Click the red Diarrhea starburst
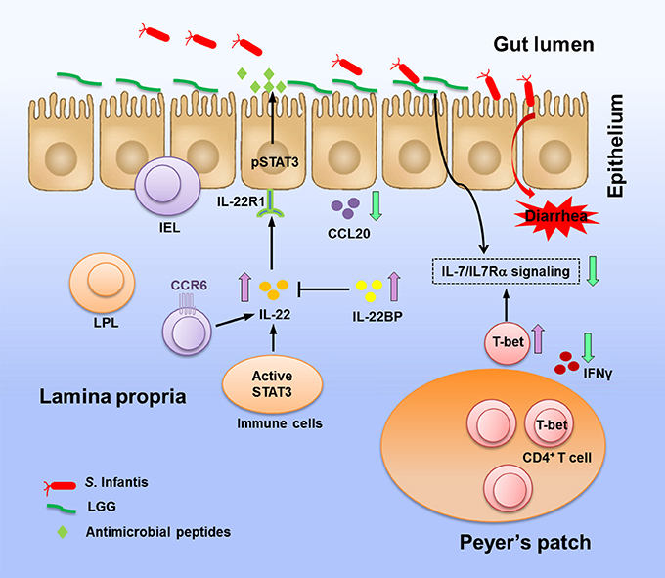[x=556, y=217]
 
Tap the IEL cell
[x=167, y=186]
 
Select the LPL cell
[x=103, y=284]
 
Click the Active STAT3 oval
[x=272, y=384]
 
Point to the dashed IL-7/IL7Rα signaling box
[x=506, y=272]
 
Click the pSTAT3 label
[x=275, y=162]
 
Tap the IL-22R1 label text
[x=241, y=201]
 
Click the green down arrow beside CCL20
[x=376, y=205]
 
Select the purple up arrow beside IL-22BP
[x=394, y=287]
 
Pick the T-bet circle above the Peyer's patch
[x=508, y=342]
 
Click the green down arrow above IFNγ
[x=588, y=347]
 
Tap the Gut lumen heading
[x=544, y=45]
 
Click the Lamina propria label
[x=112, y=397]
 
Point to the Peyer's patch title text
[x=525, y=543]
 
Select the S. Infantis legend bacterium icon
[x=60, y=486]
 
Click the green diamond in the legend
[x=63, y=532]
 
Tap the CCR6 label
[x=189, y=285]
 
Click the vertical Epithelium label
[x=616, y=146]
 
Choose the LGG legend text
[x=102, y=507]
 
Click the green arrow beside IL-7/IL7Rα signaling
[x=593, y=271]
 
